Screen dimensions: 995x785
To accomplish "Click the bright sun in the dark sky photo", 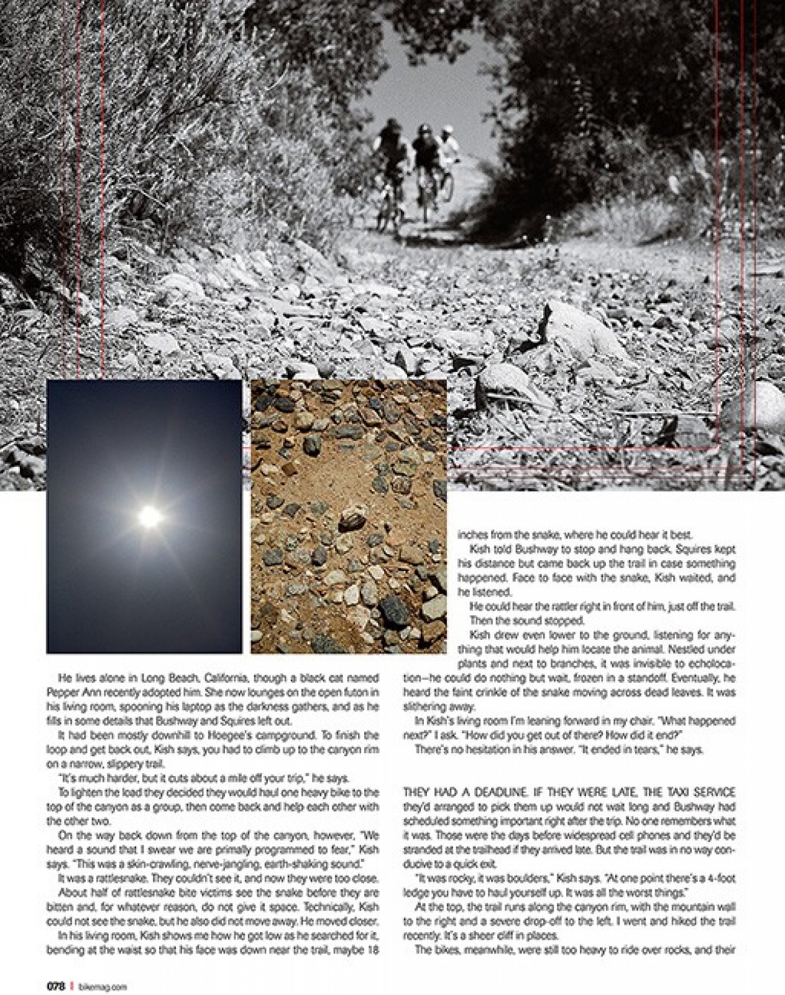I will click(149, 516).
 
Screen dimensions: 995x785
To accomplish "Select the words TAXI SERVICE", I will click(697, 792).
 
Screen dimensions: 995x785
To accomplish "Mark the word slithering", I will click(423, 707).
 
